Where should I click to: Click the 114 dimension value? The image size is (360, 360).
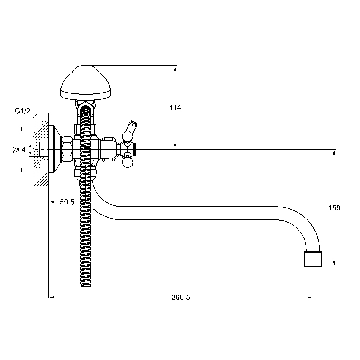tap(175, 107)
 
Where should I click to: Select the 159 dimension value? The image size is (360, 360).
tap(334, 208)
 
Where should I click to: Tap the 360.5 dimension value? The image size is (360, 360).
tap(181, 298)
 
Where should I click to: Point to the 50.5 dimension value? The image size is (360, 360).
tap(67, 202)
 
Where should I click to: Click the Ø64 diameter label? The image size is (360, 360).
tap(19, 150)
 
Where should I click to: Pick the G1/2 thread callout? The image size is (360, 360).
tap(22, 111)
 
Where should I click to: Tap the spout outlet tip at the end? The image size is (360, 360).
tap(313, 259)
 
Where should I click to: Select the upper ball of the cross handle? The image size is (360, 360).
tap(128, 136)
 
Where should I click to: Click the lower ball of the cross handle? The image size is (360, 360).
tap(128, 163)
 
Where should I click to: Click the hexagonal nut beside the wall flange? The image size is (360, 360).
tap(66, 150)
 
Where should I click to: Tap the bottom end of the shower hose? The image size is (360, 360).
tap(86, 286)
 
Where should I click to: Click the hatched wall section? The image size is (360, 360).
tap(41, 149)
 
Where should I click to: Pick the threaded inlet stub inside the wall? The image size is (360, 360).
tap(44, 150)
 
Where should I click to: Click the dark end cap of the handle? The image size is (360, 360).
tap(134, 149)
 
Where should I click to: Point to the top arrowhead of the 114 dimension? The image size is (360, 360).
tap(175, 68)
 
